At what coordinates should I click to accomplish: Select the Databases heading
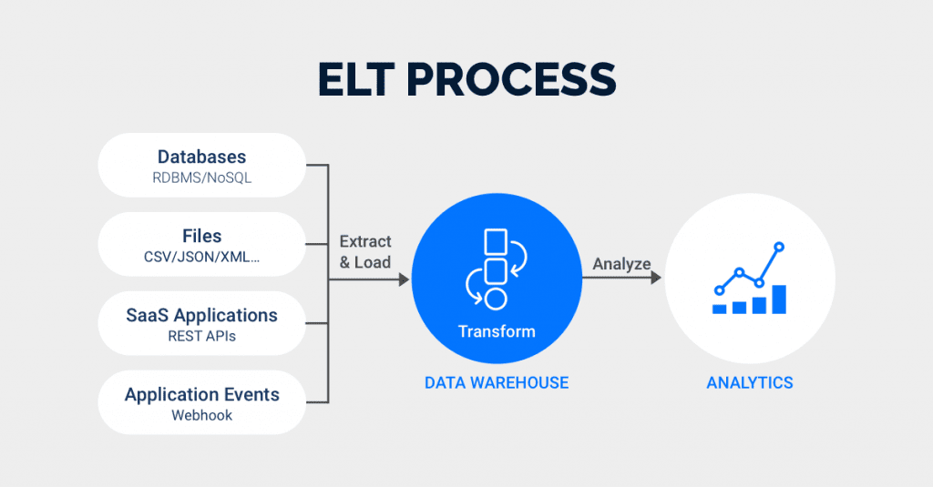click(x=201, y=157)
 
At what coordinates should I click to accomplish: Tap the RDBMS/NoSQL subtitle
click(x=201, y=178)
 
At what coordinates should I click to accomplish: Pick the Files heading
click(x=201, y=236)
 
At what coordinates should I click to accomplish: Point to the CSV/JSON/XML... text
click(x=201, y=258)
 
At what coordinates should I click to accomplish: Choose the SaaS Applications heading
click(x=201, y=315)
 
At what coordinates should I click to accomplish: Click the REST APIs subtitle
click(x=201, y=337)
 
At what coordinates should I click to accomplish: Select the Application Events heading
click(x=201, y=394)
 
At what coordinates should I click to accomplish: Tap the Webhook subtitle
click(x=201, y=416)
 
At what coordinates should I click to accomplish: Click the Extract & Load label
click(x=364, y=252)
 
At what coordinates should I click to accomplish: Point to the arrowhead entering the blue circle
click(x=404, y=280)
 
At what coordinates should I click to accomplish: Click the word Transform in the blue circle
click(x=497, y=331)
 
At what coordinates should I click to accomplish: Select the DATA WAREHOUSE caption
click(x=497, y=383)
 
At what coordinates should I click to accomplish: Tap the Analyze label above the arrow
click(x=621, y=264)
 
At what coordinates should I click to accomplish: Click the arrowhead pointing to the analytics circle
click(x=656, y=280)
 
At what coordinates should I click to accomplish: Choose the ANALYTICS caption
click(x=750, y=383)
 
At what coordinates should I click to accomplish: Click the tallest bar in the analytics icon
click(x=779, y=299)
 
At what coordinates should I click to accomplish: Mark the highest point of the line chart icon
click(x=779, y=246)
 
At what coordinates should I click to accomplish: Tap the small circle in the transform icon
click(x=495, y=299)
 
